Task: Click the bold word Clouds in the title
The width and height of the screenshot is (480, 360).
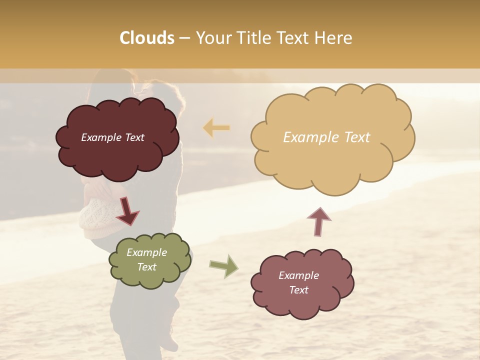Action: (x=147, y=38)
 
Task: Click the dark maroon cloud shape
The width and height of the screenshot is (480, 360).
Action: (x=117, y=155)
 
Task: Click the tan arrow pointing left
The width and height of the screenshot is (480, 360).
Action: (x=216, y=128)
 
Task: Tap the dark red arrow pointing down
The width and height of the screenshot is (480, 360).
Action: (x=127, y=211)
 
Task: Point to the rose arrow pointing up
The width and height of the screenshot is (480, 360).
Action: (x=319, y=221)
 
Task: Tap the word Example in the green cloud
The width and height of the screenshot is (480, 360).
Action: (x=146, y=252)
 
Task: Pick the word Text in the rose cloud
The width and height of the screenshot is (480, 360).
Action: (x=298, y=290)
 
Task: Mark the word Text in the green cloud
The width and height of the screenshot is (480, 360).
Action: (x=146, y=267)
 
